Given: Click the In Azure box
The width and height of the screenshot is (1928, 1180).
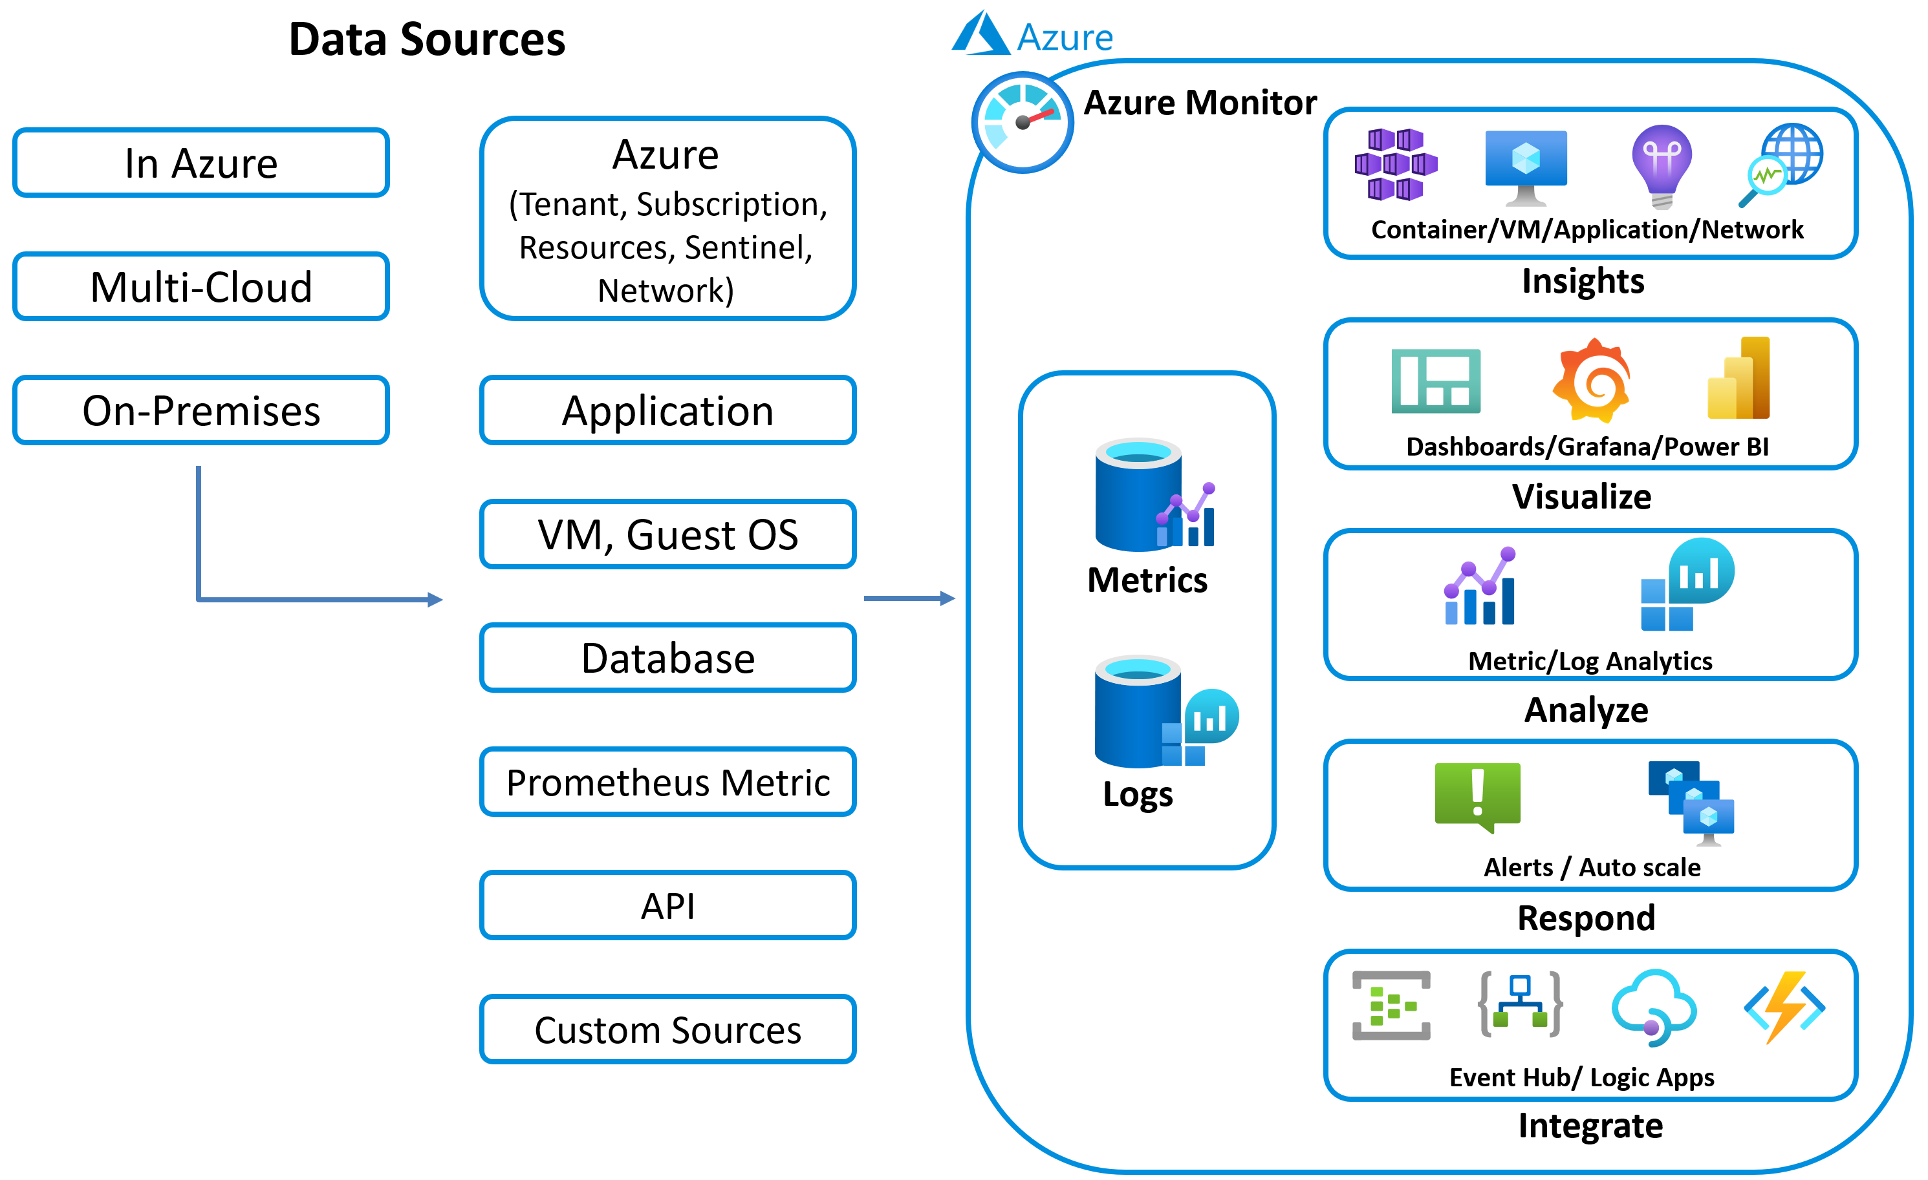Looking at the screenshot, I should [201, 163].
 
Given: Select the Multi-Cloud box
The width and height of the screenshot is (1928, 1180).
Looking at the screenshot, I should [201, 286].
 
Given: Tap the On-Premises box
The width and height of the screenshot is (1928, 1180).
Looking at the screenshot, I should [201, 410].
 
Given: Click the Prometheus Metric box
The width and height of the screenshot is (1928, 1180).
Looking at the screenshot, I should [667, 782].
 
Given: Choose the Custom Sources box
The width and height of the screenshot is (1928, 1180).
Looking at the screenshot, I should [667, 1029].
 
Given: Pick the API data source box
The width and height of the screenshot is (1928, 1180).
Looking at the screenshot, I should [667, 905].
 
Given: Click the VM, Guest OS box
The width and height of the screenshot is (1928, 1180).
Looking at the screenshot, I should [667, 534].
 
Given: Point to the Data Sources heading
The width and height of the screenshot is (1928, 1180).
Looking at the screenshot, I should [426, 39].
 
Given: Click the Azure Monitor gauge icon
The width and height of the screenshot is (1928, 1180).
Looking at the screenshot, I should [1022, 122].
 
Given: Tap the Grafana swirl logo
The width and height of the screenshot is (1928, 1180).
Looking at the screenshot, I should [1592, 381].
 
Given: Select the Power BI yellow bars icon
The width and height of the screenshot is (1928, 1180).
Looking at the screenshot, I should [1738, 379].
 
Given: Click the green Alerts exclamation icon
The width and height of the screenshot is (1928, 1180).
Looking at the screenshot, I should [1477, 795].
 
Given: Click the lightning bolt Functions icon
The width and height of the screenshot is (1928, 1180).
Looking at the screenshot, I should [1785, 1007].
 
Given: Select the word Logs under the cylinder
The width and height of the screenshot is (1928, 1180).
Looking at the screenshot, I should [1138, 794].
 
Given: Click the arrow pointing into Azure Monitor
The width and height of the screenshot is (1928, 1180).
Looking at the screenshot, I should [909, 598].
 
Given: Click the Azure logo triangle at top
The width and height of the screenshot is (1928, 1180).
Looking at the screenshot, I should [980, 34].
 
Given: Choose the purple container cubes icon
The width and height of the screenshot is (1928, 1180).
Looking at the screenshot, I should [1396, 164].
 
